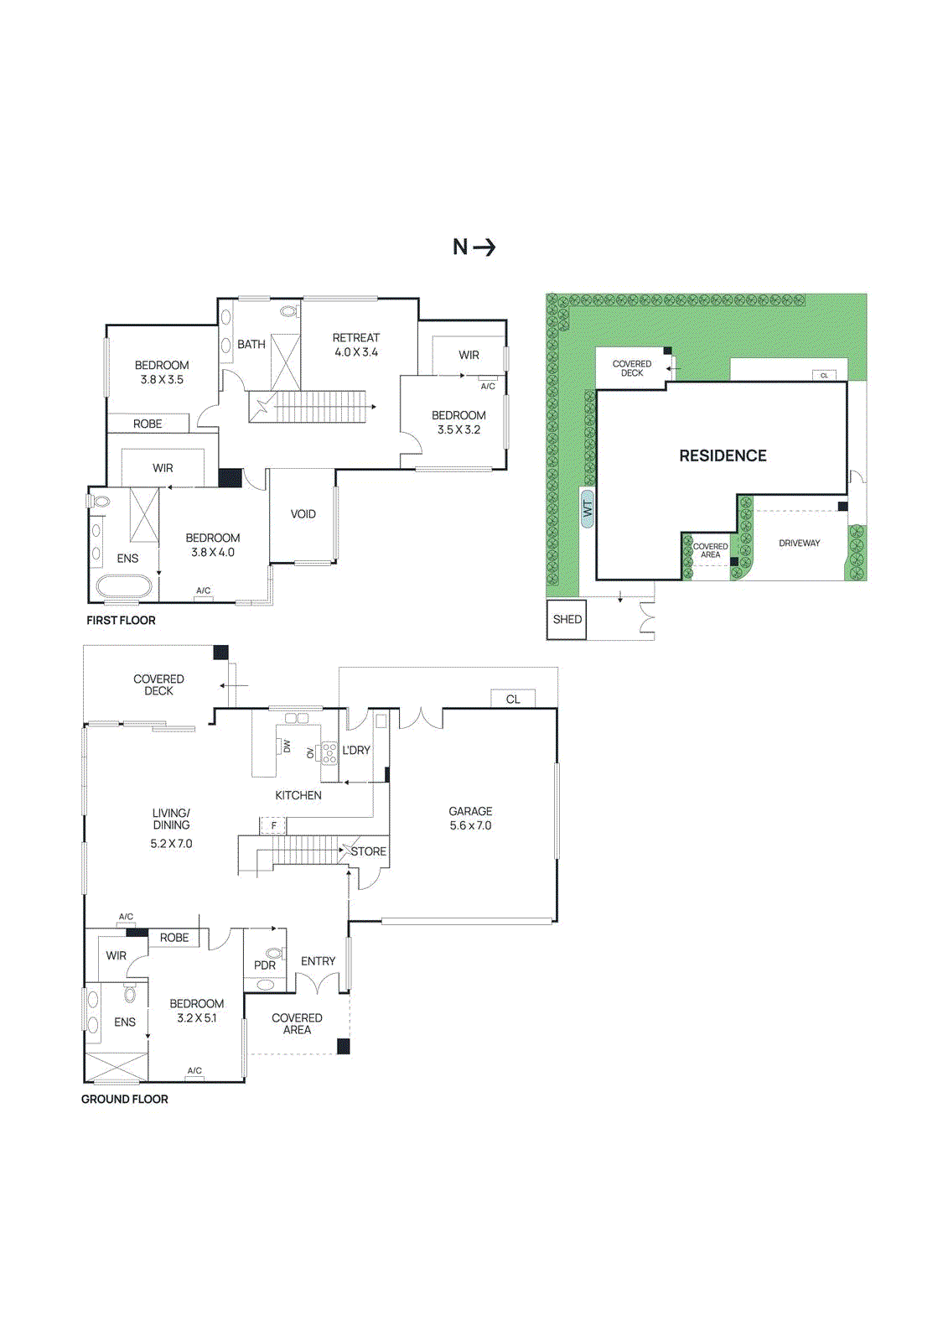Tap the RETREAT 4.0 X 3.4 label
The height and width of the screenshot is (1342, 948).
coord(355,345)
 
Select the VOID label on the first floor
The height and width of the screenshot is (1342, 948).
coord(303,514)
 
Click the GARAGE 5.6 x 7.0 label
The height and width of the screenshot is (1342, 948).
coord(470,818)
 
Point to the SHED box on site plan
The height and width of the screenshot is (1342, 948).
coord(567,619)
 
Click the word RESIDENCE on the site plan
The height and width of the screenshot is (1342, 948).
coord(723,455)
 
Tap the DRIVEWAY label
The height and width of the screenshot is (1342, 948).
coord(799,544)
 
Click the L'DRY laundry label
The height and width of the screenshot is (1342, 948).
coord(356,750)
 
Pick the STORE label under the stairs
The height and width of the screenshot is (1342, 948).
coord(368,851)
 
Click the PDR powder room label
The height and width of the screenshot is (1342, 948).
coord(265,965)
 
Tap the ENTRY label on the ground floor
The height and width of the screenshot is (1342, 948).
coord(318,961)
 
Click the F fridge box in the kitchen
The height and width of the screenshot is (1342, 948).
coord(273,826)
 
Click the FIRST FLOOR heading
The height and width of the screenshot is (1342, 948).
coord(121,621)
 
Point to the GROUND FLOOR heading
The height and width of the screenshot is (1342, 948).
coord(124,1099)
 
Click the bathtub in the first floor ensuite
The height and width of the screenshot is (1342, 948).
coord(123,585)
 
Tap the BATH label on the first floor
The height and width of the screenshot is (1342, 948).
coord(251,344)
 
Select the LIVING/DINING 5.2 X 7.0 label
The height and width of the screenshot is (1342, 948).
coord(171,828)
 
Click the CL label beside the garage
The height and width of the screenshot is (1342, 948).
coord(513,699)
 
